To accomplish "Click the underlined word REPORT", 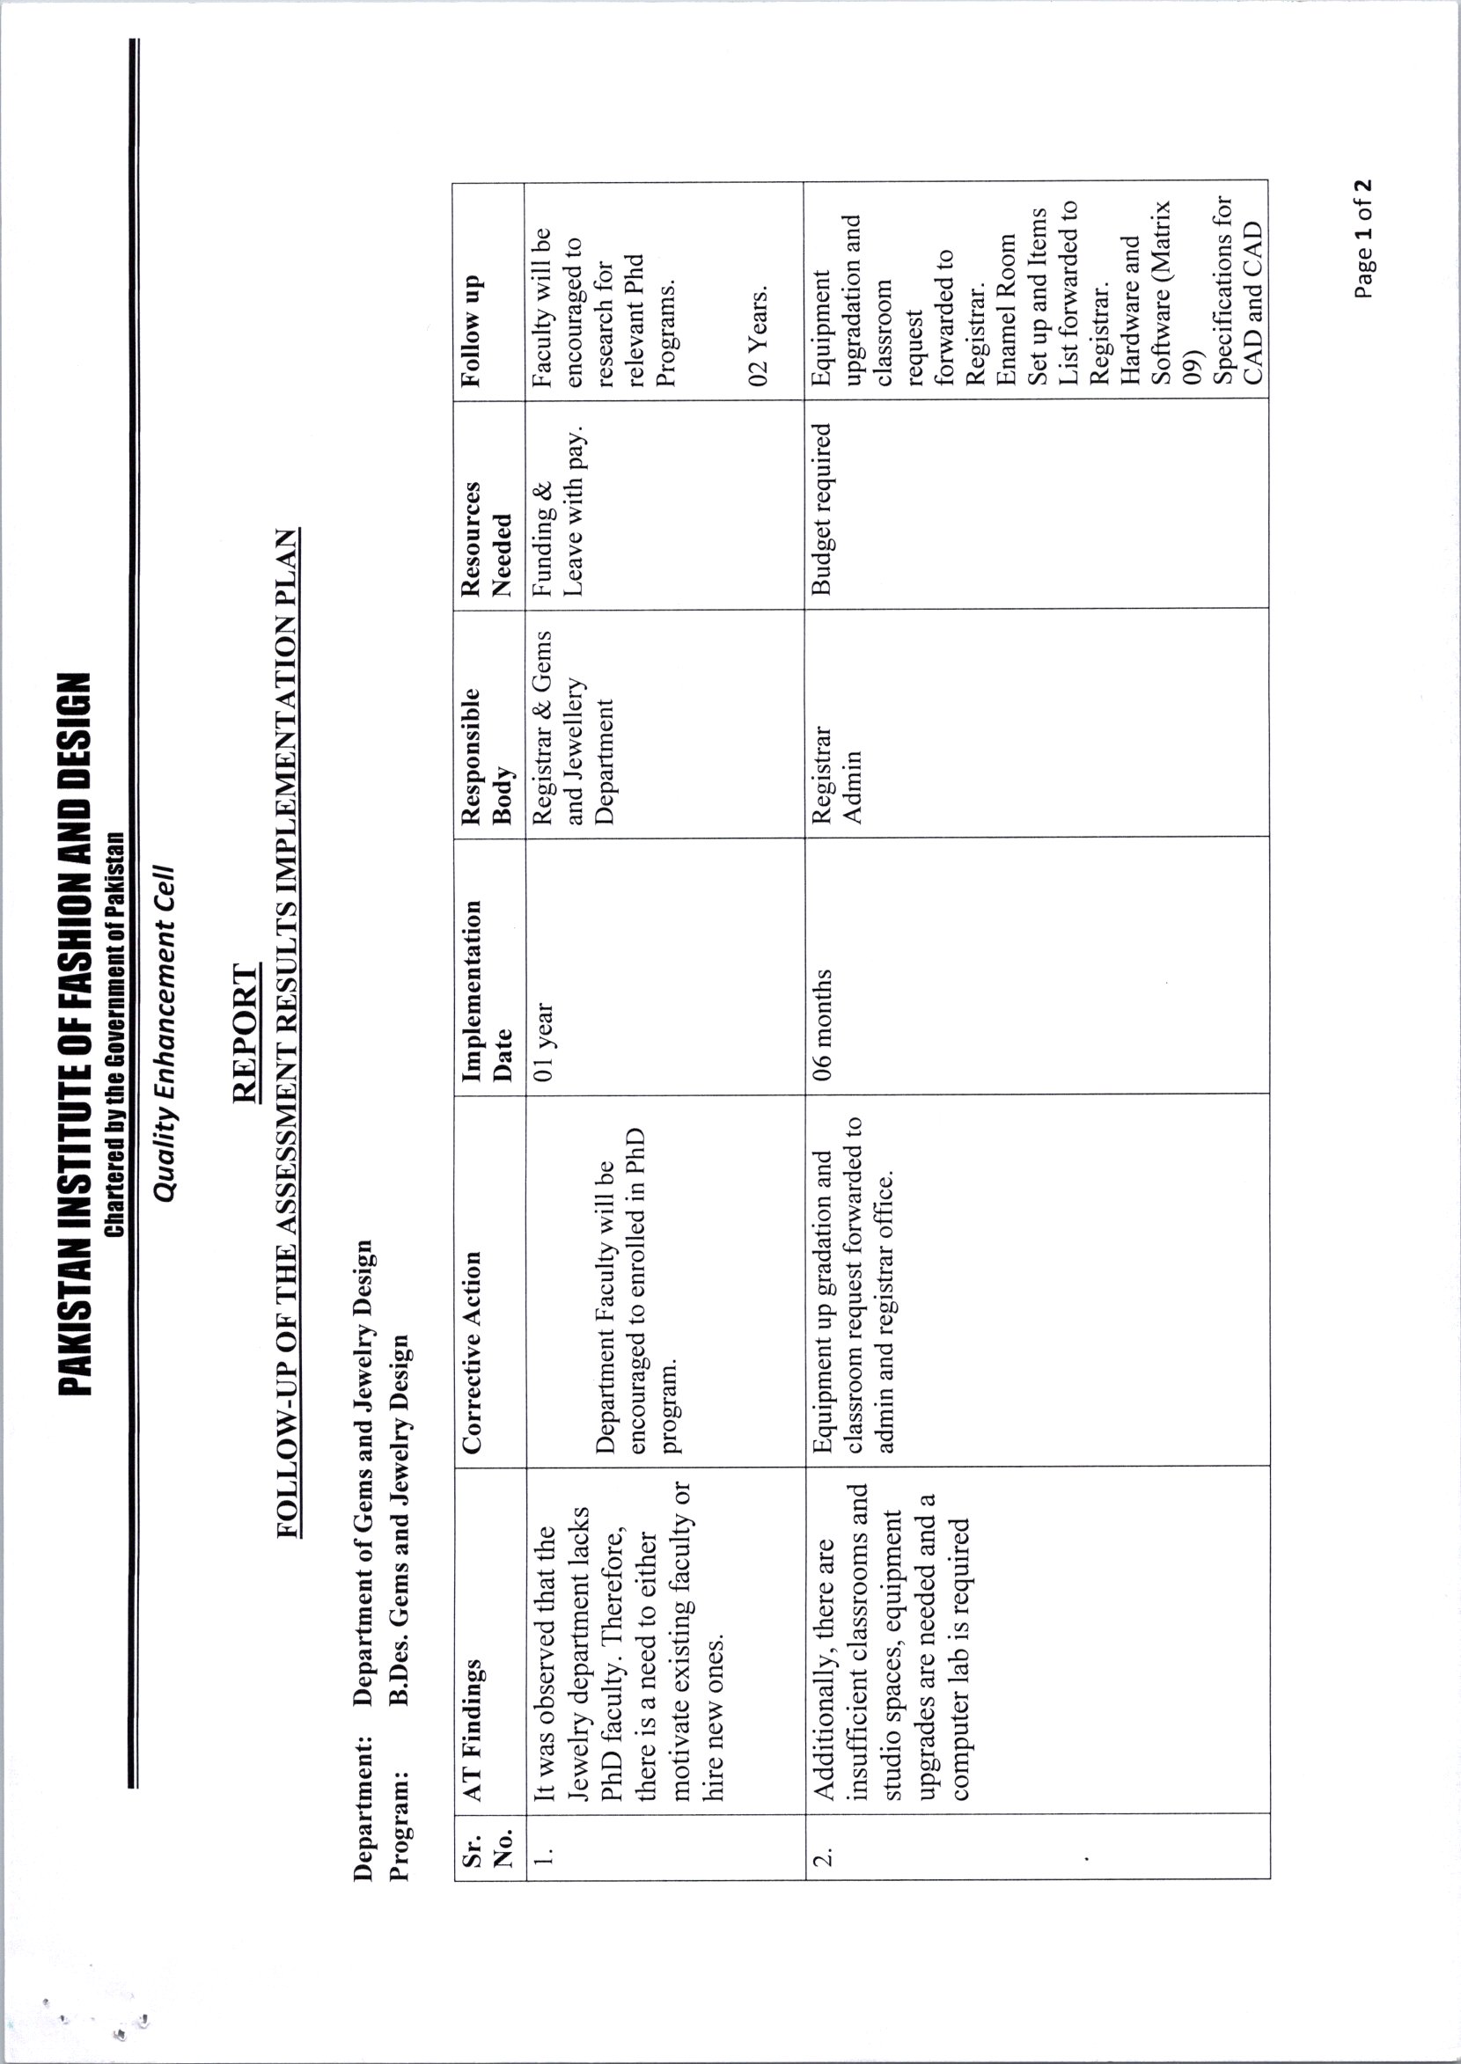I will tap(246, 1033).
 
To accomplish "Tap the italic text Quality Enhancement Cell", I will tap(164, 1034).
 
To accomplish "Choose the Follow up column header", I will tap(472, 330).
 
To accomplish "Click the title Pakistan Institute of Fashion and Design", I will tap(75, 1034).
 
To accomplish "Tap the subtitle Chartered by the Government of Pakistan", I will tap(114, 1034).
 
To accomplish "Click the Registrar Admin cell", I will tap(837, 774).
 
